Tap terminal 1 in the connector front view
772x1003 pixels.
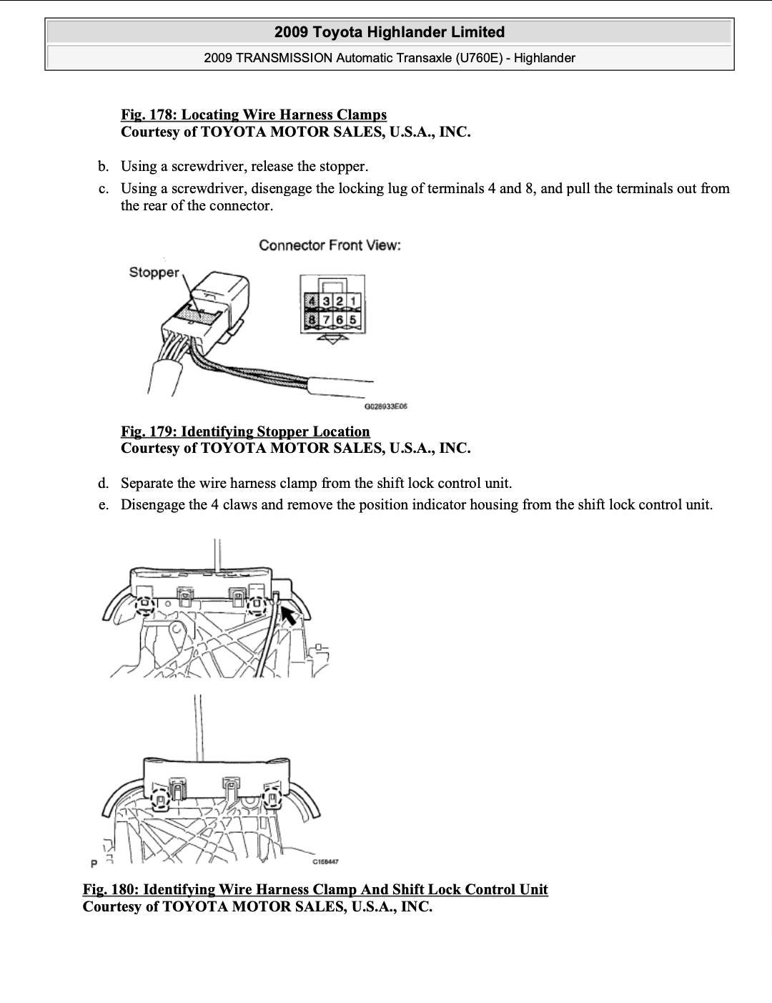click(353, 300)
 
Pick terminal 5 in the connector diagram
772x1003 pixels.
click(353, 318)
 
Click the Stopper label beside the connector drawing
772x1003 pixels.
click(154, 273)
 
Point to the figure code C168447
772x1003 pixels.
click(325, 861)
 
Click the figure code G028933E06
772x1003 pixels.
click(385, 406)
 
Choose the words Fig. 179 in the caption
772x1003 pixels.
click(149, 431)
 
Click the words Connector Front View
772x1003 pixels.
click(330, 245)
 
